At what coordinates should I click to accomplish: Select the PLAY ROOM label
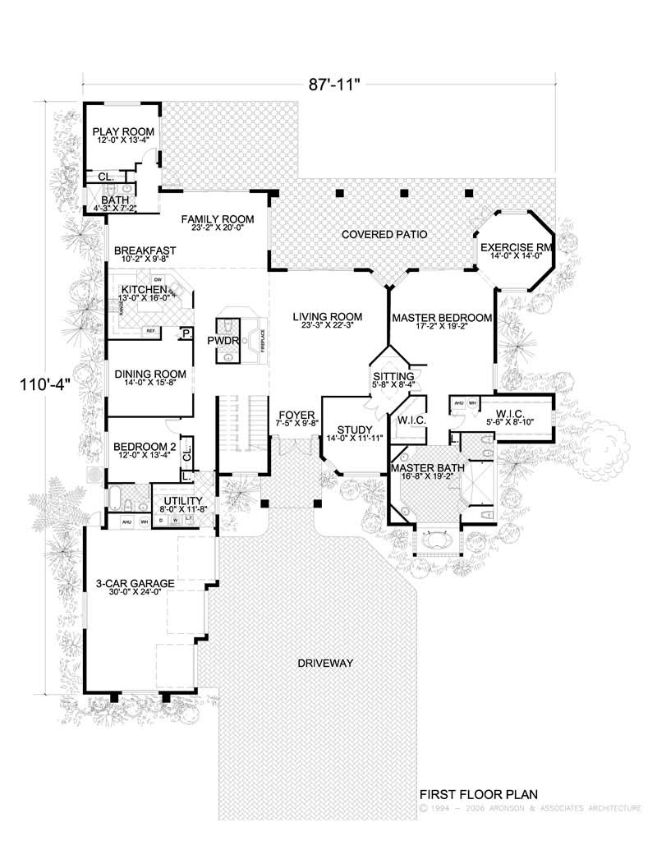(123, 131)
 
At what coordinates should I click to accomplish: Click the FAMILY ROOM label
(218, 218)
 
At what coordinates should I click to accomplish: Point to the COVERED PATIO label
(384, 235)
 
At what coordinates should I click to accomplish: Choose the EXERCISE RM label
(514, 246)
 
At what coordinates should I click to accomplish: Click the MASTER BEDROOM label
(442, 317)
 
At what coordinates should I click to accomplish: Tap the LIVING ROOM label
(325, 315)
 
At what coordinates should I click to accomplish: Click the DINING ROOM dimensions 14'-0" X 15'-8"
(150, 384)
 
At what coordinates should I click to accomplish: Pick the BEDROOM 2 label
(145, 446)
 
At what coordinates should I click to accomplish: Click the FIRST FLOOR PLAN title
(478, 794)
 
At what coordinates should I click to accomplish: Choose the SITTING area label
(388, 376)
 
